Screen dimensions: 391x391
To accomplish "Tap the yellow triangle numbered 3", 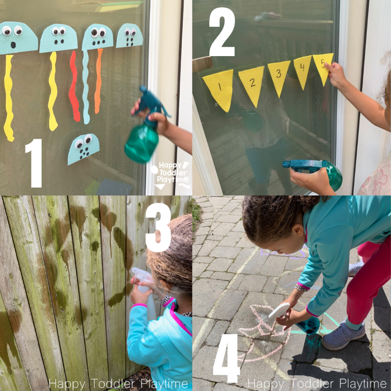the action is tap(278, 75).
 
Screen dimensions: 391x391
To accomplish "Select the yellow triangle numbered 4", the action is tap(302, 69).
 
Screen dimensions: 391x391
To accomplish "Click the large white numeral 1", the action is tap(34, 163).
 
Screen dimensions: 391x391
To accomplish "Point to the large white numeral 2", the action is tap(222, 32).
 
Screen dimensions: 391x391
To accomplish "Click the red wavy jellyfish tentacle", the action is tap(74, 86).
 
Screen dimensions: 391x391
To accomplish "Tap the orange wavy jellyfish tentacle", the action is tap(98, 81).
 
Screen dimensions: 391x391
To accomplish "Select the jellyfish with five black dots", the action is tap(82, 149).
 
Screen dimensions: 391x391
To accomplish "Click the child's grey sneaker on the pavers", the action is tap(343, 335).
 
